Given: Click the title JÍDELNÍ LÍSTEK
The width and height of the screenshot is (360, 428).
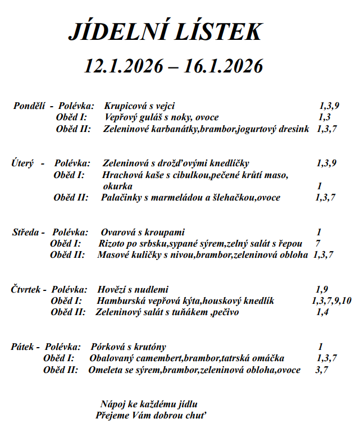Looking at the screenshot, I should pos(165,33).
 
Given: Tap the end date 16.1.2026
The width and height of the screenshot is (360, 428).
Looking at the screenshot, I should pos(223,67).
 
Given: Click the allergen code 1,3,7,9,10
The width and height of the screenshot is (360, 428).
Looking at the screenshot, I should pos(331,301).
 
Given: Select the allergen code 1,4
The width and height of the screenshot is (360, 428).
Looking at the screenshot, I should pos(322,312).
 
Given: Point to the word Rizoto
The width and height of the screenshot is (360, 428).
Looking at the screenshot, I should pos(112,243).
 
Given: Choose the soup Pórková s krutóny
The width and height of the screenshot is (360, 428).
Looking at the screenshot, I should pos(127,347).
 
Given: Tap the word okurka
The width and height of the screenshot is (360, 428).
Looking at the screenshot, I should pos(117,186).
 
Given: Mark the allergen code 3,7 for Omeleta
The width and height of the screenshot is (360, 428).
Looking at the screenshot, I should pos(322,370).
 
